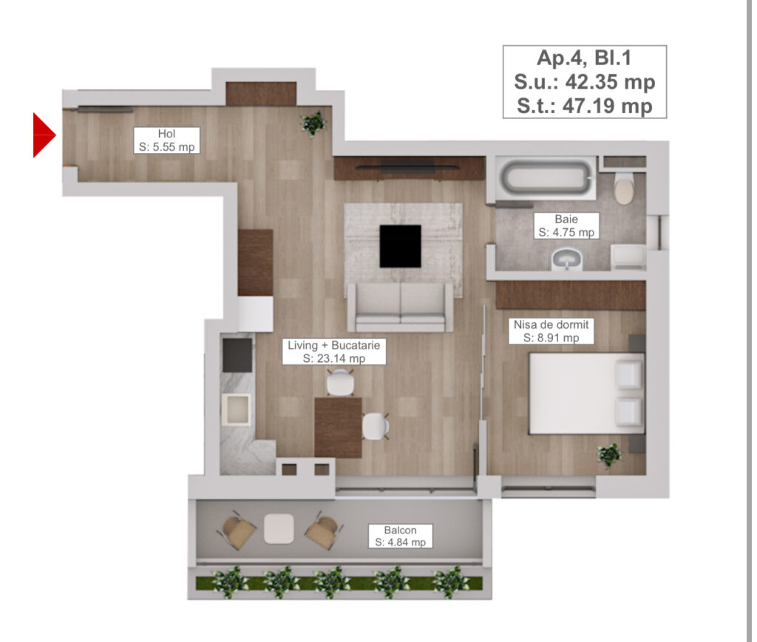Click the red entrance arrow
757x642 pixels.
click(43, 134)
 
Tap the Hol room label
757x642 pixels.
click(166, 140)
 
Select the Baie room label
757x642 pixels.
click(566, 226)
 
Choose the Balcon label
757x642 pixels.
click(400, 536)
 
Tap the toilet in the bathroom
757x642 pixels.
click(625, 189)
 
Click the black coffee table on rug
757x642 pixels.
click(400, 246)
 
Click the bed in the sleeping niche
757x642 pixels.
click(585, 393)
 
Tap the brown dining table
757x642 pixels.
click(338, 427)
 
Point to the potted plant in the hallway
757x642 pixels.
click(313, 123)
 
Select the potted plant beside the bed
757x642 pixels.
click(610, 454)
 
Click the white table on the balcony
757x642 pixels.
click(279, 527)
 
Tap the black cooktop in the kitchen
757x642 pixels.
click(237, 355)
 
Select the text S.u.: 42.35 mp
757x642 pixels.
click(585, 81)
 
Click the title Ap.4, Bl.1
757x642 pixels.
click(585, 58)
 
